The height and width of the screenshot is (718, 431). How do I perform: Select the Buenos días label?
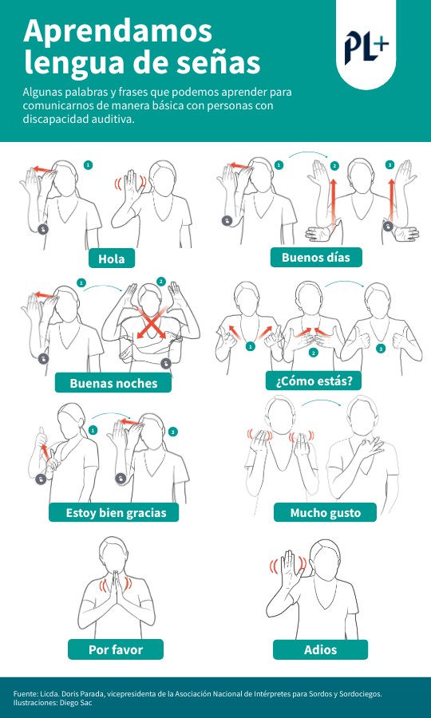point(315,258)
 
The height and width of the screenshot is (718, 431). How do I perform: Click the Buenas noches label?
point(113,383)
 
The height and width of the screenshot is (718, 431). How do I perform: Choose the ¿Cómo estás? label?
point(314,381)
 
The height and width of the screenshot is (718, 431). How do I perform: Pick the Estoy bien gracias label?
point(116,512)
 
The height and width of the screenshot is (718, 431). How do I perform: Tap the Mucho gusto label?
point(325,512)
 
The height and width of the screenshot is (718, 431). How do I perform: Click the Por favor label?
point(116,649)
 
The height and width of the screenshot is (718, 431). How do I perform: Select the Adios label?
point(320,649)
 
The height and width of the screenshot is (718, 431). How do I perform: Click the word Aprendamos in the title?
point(117,32)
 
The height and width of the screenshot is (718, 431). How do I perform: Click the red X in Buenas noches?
point(151,323)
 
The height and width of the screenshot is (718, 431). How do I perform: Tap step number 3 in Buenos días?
point(389,165)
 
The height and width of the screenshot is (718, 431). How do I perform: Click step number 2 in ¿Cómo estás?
point(314,353)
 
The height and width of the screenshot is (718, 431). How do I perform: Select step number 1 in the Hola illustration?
point(89,165)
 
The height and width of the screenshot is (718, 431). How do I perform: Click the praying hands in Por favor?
point(116,586)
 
